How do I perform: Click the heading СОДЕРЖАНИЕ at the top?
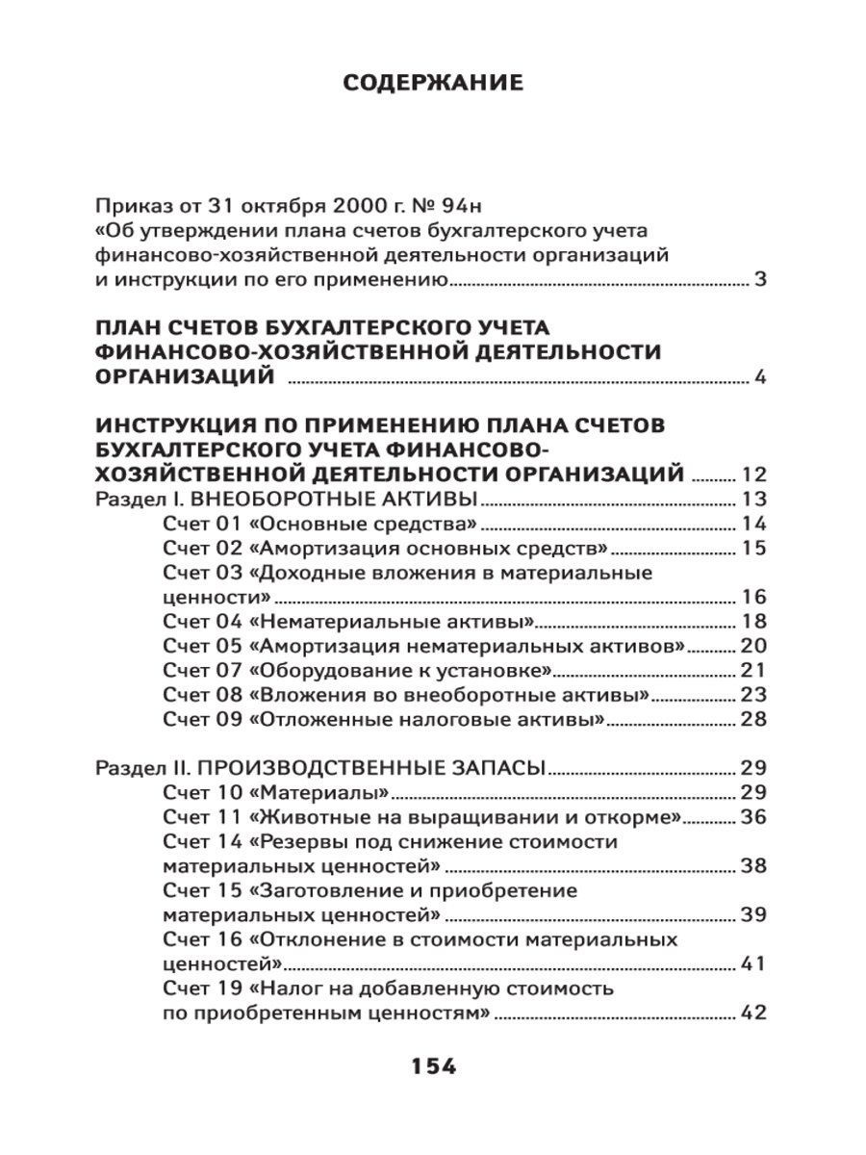(433, 84)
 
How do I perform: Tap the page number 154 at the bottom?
(433, 1066)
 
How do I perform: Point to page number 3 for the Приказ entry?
(759, 281)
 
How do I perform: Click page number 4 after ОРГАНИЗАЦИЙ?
(759, 377)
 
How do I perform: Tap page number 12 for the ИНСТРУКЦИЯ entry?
(752, 475)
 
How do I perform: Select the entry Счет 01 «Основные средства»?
(320, 525)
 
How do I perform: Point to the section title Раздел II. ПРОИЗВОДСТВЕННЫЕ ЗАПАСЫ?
(321, 768)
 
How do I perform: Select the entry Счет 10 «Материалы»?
(275, 793)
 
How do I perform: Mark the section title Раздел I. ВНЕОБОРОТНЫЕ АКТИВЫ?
(289, 499)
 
